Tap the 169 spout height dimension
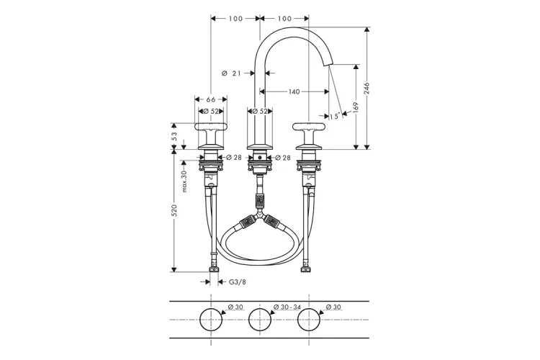pyautogui.click(x=356, y=107)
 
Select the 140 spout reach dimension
pyautogui.click(x=294, y=91)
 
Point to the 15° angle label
pyautogui.click(x=334, y=116)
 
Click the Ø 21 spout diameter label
pyautogui.click(x=231, y=73)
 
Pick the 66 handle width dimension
pyautogui.click(x=211, y=99)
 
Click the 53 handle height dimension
pyautogui.click(x=174, y=136)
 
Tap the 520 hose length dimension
pyautogui.click(x=174, y=210)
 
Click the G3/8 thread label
pyautogui.click(x=238, y=282)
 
